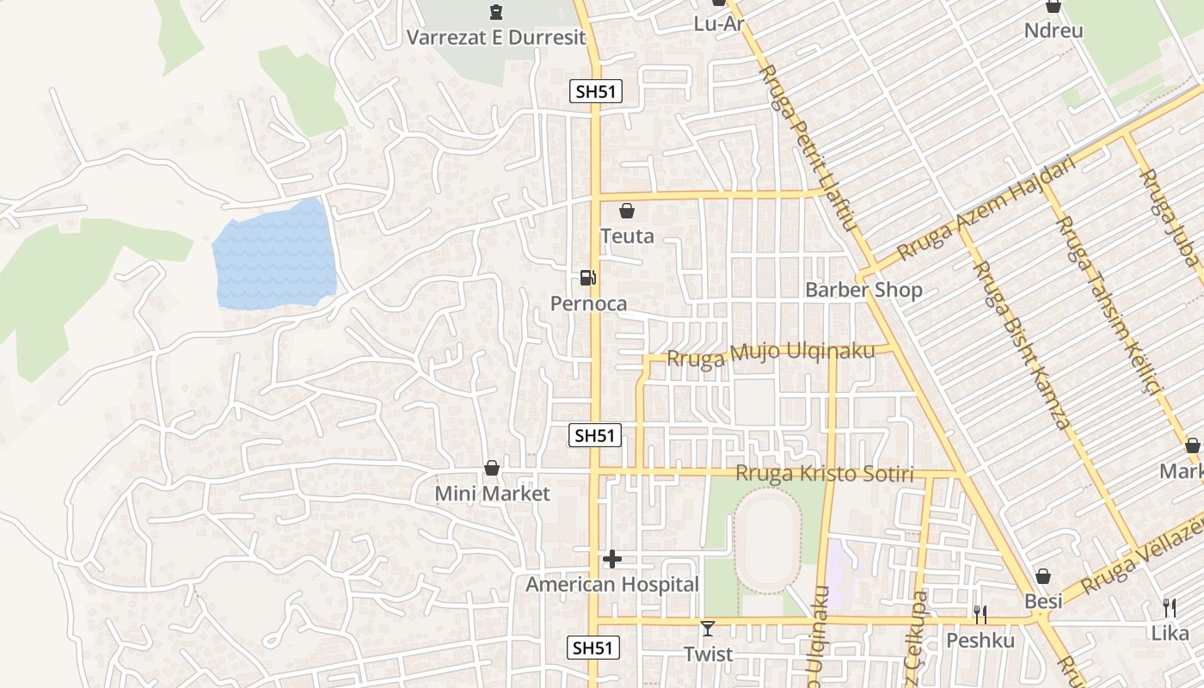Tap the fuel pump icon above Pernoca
[x=588, y=277]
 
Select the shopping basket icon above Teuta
[x=627, y=211]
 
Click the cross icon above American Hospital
[x=612, y=560]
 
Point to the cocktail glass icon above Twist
[x=707, y=629]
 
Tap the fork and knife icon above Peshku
[x=980, y=614]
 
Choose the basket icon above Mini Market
[x=492, y=468]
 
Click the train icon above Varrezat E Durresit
[x=495, y=12]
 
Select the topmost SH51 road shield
[x=595, y=91]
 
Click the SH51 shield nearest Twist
[x=593, y=648]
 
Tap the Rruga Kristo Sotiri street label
[x=824, y=474]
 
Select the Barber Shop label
[x=863, y=290]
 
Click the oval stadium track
[x=768, y=539]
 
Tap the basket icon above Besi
[x=1043, y=576]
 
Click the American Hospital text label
[x=612, y=585]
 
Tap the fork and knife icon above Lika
[x=1169, y=608]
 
